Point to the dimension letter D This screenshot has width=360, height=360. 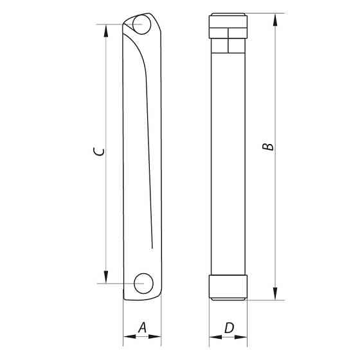pos(229,328)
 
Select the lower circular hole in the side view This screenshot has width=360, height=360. pos(143,283)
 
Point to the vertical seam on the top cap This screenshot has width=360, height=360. pos(229,39)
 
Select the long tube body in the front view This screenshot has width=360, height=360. pos(229,161)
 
